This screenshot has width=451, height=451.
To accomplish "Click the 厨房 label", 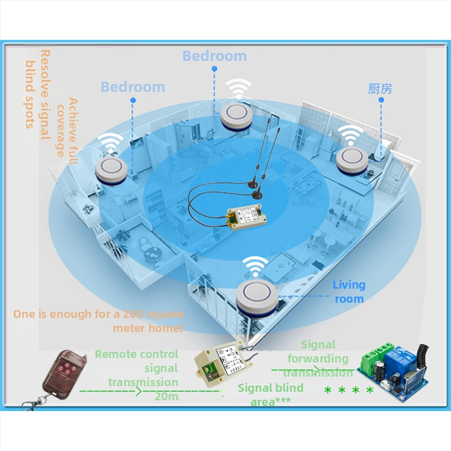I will pos(380,89).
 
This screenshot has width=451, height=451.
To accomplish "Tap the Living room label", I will pos(349,291).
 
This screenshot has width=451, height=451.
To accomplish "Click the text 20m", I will pos(166,396).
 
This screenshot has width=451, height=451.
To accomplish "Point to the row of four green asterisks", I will pos(348,390).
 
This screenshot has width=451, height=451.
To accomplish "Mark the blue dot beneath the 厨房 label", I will pos(381,100).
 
